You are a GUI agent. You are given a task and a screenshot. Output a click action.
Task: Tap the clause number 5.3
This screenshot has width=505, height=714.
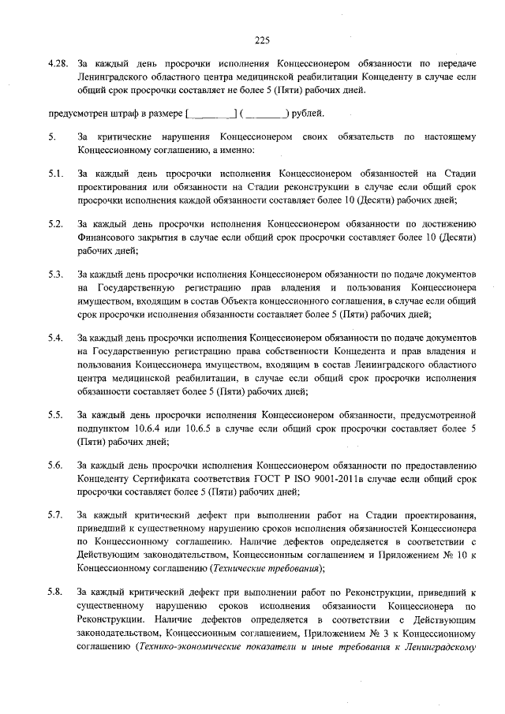54,274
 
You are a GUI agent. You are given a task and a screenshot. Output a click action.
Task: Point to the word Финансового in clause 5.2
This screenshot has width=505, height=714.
111,237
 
